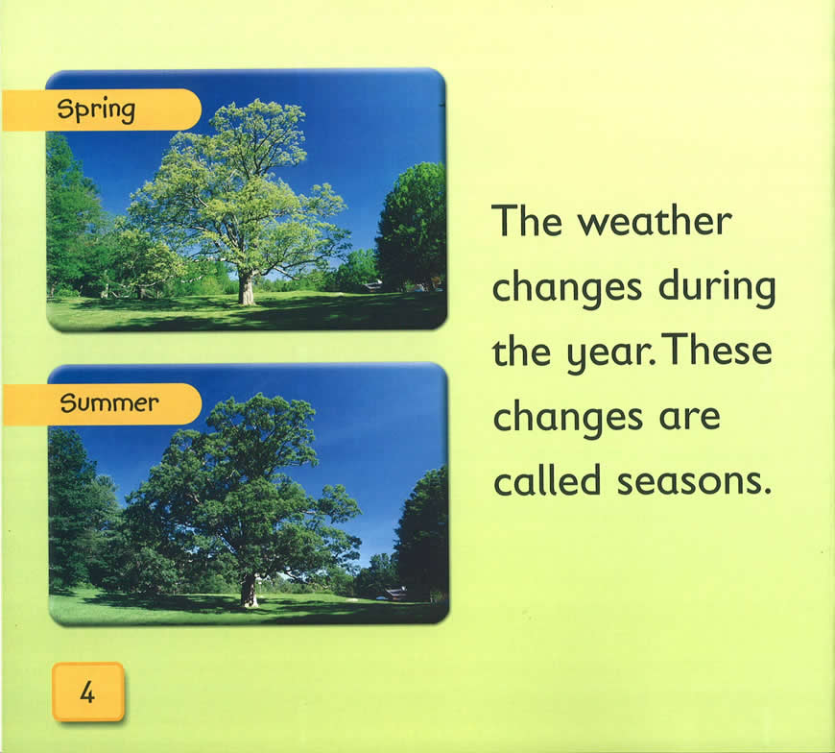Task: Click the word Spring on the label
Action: [96, 110]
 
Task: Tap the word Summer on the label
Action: [109, 402]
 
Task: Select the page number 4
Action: [87, 692]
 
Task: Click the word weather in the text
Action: [655, 221]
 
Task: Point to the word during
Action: [717, 287]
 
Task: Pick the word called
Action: [547, 479]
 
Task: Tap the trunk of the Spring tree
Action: [246, 288]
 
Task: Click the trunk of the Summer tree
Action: [249, 591]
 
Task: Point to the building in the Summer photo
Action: [395, 594]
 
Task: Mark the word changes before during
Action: [566, 289]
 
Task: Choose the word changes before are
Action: [567, 419]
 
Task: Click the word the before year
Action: [521, 352]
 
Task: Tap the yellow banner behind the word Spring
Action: [101, 109]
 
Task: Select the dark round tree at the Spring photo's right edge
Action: [412, 227]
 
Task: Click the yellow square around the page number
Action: [88, 692]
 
